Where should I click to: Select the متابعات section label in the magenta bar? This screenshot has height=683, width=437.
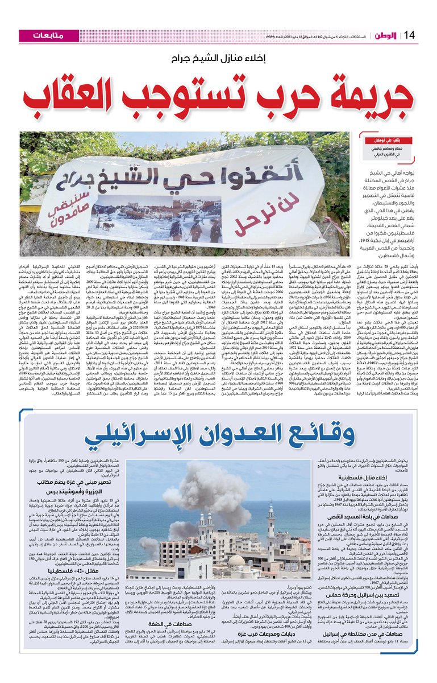point(47,35)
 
